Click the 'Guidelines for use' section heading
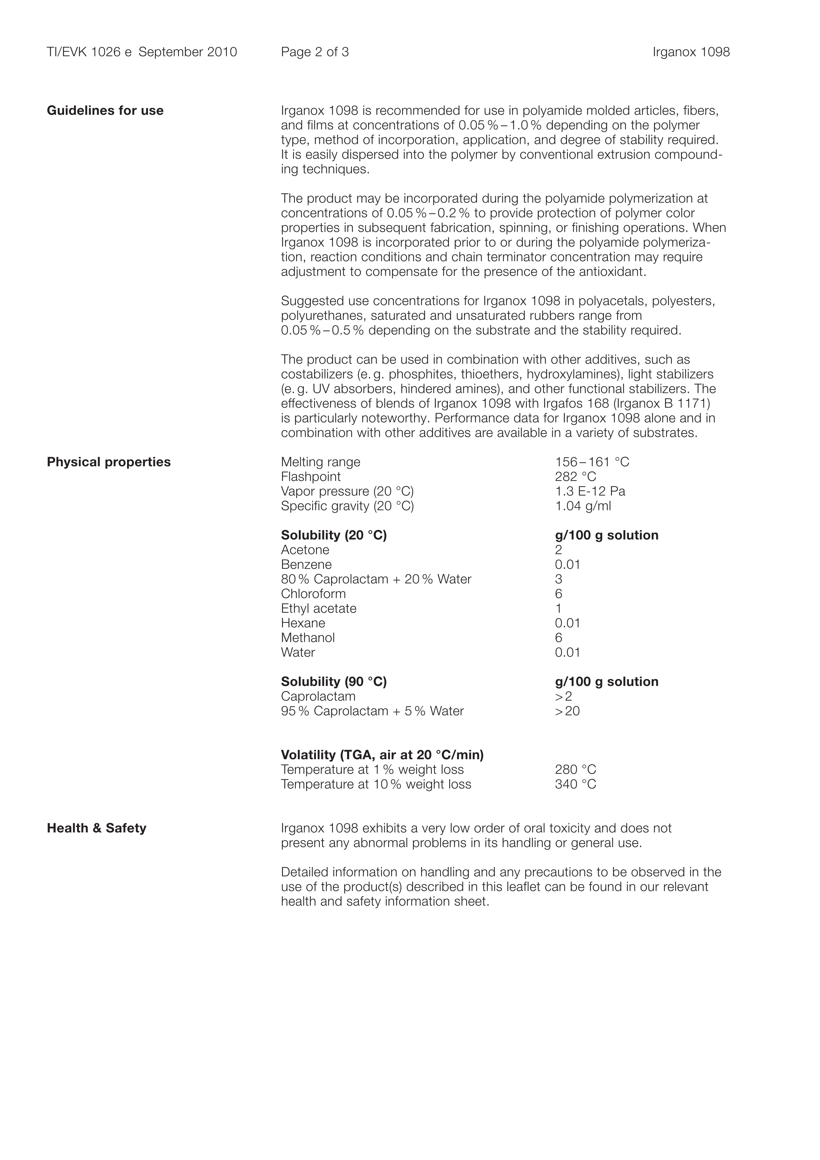pyautogui.click(x=105, y=111)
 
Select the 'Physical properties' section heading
pyautogui.click(x=109, y=462)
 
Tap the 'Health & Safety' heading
pyautogui.click(x=96, y=828)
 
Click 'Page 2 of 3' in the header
pyautogui.click(x=315, y=52)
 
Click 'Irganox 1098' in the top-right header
pyautogui.click(x=691, y=52)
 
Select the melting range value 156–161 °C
pyautogui.click(x=592, y=462)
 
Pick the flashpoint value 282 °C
pyautogui.click(x=576, y=477)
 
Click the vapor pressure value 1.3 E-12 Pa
pyautogui.click(x=590, y=491)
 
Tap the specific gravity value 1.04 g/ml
pyautogui.click(x=582, y=506)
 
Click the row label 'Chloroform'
pyautogui.click(x=313, y=594)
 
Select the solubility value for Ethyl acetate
pyautogui.click(x=558, y=608)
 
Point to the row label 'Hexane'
pyautogui.click(x=303, y=623)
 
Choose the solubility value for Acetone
pyautogui.click(x=558, y=550)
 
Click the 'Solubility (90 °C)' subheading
pyautogui.click(x=334, y=681)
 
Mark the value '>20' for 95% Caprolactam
pyautogui.click(x=567, y=711)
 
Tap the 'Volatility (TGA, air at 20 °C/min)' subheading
pyautogui.click(x=382, y=755)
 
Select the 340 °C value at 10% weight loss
pyautogui.click(x=576, y=784)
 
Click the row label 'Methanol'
pyautogui.click(x=308, y=638)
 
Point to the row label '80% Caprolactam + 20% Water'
pyautogui.click(x=376, y=579)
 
